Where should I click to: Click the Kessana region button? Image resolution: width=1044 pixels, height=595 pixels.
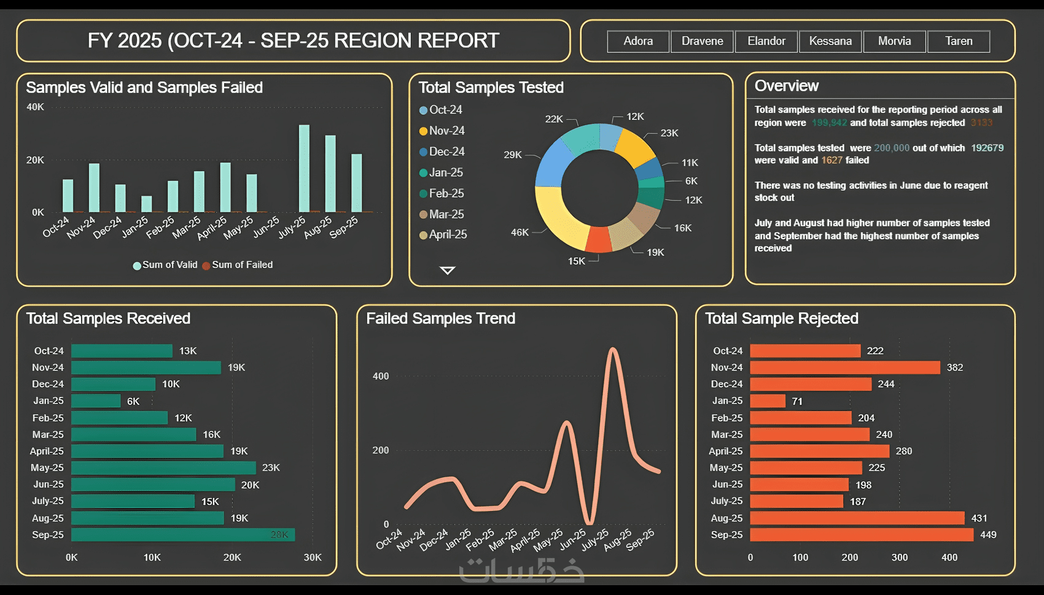830,41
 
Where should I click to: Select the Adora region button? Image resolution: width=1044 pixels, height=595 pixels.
638,41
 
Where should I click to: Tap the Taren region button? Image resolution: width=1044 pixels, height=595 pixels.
959,41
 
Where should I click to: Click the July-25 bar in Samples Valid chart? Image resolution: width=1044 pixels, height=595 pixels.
304,169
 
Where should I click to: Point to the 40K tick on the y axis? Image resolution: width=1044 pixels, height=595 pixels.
35,107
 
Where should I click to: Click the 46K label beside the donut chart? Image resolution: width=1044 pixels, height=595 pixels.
520,232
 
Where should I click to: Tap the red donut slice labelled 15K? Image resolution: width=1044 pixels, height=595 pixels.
598,240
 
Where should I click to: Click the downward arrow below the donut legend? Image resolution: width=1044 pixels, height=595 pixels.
448,271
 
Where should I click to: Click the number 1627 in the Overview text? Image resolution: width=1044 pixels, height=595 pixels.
832,160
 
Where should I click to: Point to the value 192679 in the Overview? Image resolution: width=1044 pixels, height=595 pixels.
987,148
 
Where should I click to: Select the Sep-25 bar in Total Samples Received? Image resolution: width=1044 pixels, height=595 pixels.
183,535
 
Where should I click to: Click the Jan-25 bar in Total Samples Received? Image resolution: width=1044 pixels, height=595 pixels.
96,401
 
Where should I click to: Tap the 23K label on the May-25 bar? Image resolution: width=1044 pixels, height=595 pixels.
271,467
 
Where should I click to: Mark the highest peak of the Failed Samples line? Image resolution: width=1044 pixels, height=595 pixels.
612,350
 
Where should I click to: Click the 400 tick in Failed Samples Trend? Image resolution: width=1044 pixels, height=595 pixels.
381,376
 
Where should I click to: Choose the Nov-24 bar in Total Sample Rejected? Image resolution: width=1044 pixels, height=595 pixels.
844,367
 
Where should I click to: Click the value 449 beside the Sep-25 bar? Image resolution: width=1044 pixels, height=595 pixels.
988,535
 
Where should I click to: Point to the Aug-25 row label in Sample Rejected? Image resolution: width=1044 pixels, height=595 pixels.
727,518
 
